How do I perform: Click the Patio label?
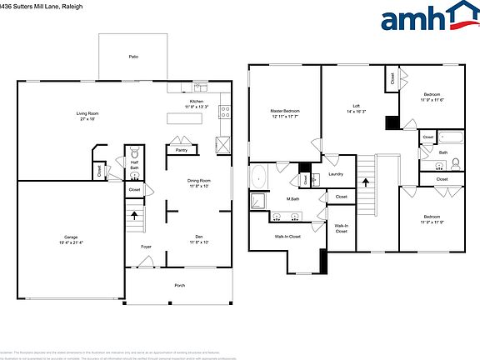tap(132, 57)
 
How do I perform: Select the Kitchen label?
tap(197, 102)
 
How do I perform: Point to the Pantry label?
tap(181, 150)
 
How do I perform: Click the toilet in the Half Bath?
tap(134, 154)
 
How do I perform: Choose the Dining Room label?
tap(198, 181)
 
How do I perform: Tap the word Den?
tap(198, 237)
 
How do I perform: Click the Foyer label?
tap(146, 247)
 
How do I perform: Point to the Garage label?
tap(72, 237)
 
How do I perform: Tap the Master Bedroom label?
tap(284, 111)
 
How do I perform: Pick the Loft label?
tap(356, 105)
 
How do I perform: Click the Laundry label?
tap(336, 174)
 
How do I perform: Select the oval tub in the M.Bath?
tap(260, 177)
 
